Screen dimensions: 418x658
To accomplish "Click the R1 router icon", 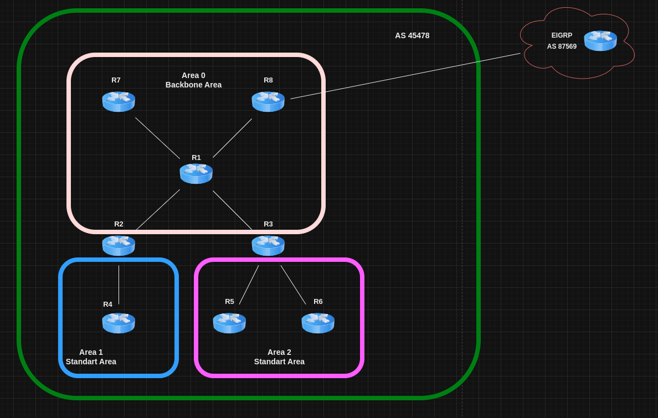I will coord(196,173).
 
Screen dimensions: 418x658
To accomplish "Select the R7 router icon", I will coord(119,101).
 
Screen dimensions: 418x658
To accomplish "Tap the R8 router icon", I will coord(268,101).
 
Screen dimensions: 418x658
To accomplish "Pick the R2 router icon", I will coord(119,245).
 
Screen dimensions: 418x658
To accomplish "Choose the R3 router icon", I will coord(268,245).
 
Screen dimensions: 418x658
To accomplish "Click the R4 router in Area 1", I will coord(119,323).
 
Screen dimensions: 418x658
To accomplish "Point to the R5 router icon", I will coord(229,323).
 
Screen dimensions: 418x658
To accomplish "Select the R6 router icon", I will coord(318,323).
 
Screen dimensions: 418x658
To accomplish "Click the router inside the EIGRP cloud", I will coord(600,40).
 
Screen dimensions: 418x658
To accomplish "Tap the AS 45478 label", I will coord(412,35).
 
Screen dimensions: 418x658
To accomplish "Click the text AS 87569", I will coord(562,47).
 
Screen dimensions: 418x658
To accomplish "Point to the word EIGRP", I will coord(562,35).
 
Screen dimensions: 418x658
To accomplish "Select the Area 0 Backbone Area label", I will coord(193,80).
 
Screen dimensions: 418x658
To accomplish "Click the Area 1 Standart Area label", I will coord(91,357).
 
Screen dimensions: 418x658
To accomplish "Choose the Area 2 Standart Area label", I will coord(279,357).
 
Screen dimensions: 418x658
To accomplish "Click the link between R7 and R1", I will coord(157,138).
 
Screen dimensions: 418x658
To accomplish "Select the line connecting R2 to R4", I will coord(119,285).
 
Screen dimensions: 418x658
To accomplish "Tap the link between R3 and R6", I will coord(293,285).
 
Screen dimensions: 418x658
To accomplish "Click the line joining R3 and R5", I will coord(249,285).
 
